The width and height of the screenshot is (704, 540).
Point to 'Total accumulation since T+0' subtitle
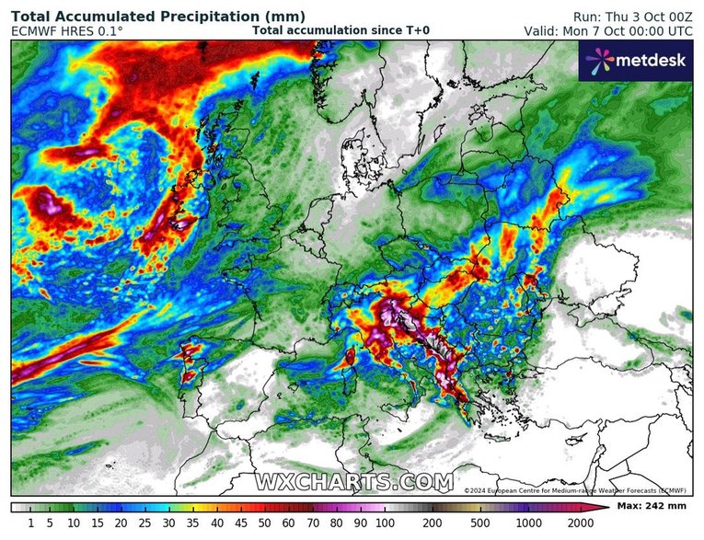(x=340, y=30)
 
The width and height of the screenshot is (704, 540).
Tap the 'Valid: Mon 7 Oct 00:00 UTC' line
(x=608, y=30)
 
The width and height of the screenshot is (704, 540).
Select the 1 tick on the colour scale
(x=30, y=523)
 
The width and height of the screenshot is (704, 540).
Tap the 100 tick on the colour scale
(x=384, y=523)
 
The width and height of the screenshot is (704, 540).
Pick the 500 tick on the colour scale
(x=479, y=523)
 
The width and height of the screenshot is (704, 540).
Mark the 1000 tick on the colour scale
(x=527, y=523)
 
